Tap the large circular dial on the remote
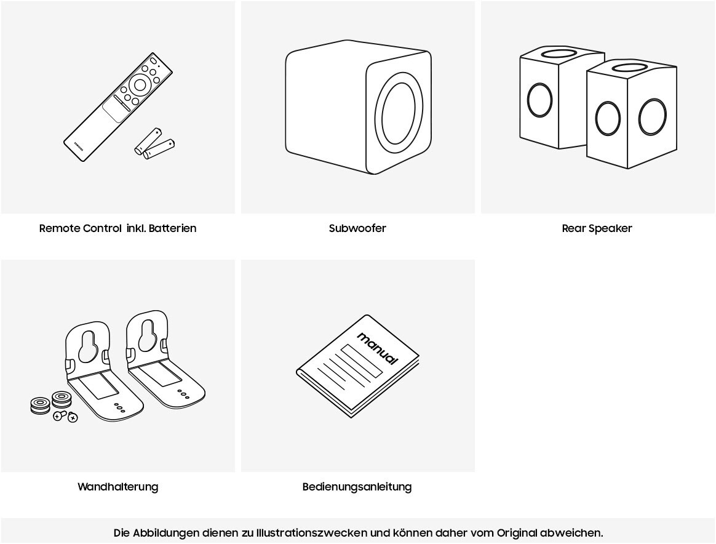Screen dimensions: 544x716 [140, 85]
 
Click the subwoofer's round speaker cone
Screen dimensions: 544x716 [398, 117]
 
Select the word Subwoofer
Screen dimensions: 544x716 [357, 228]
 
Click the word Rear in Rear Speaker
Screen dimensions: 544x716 [573, 228]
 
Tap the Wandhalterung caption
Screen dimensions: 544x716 [117, 487]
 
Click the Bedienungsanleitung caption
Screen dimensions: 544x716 [357, 487]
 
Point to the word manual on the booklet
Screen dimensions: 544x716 [378, 348]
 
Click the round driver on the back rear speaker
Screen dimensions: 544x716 [539, 99]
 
